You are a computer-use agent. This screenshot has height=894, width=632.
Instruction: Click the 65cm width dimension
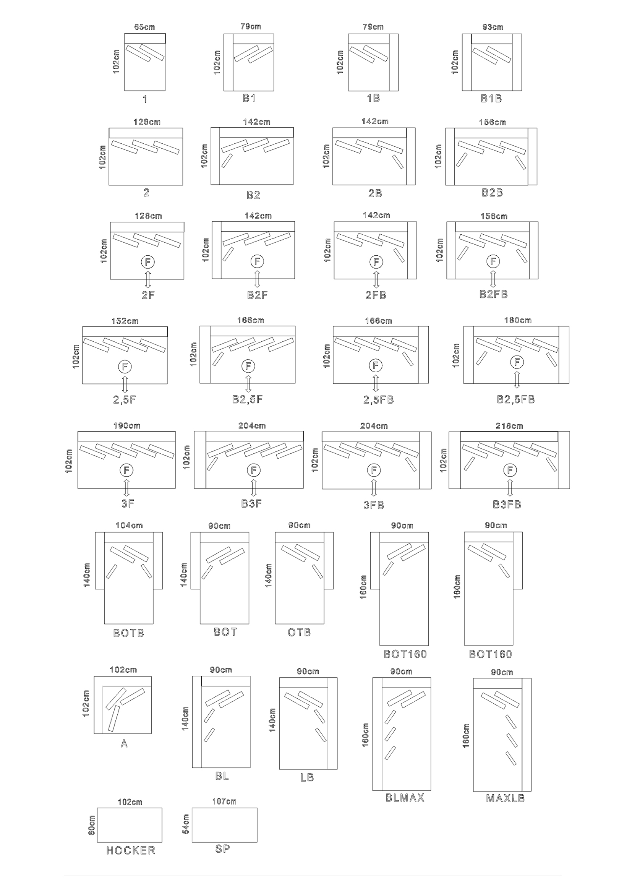[x=144, y=27]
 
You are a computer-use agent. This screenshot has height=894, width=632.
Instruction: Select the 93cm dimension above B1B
[x=493, y=27]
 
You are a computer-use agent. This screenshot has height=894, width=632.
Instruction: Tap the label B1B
[x=491, y=99]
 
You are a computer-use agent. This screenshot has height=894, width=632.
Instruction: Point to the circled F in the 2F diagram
[x=148, y=262]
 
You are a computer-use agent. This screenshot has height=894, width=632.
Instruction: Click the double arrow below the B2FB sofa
[x=493, y=279]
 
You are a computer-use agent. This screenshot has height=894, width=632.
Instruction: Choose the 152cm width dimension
[x=125, y=321]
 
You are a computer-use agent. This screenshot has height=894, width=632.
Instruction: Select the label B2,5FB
[x=515, y=399]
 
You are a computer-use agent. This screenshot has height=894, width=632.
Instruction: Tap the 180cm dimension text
[x=518, y=320]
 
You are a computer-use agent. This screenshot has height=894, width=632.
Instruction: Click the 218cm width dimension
[x=509, y=426]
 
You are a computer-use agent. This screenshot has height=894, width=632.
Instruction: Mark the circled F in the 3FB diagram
[x=374, y=471]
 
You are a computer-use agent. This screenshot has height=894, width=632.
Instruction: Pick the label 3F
[x=128, y=503]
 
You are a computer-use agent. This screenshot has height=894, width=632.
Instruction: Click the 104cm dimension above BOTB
[x=129, y=526]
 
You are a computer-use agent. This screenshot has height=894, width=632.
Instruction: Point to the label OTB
[x=299, y=633]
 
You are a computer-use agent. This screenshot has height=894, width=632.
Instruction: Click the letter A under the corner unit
[x=124, y=744]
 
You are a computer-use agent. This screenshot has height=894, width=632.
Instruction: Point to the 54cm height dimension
[x=186, y=824]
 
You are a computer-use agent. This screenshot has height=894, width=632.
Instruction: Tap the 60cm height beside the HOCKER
[x=91, y=825]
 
